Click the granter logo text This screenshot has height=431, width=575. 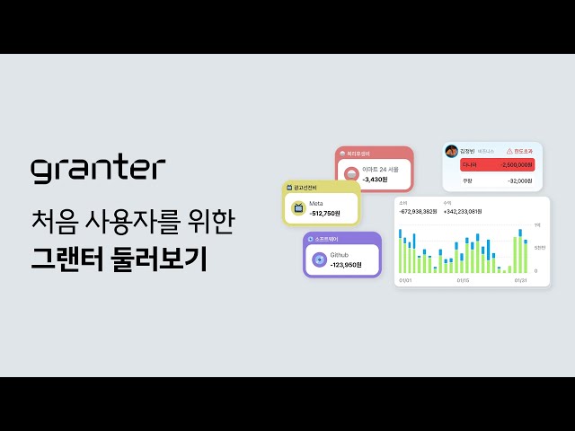98,169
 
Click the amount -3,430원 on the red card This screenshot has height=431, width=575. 376,180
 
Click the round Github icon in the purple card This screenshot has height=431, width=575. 319,260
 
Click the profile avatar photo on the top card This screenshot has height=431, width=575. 452,150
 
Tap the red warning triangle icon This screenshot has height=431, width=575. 509,151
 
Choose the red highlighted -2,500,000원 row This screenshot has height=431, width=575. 497,165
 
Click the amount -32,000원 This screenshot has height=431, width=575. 518,180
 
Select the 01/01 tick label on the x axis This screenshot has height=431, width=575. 404,280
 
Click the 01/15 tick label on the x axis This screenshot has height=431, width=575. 463,280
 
